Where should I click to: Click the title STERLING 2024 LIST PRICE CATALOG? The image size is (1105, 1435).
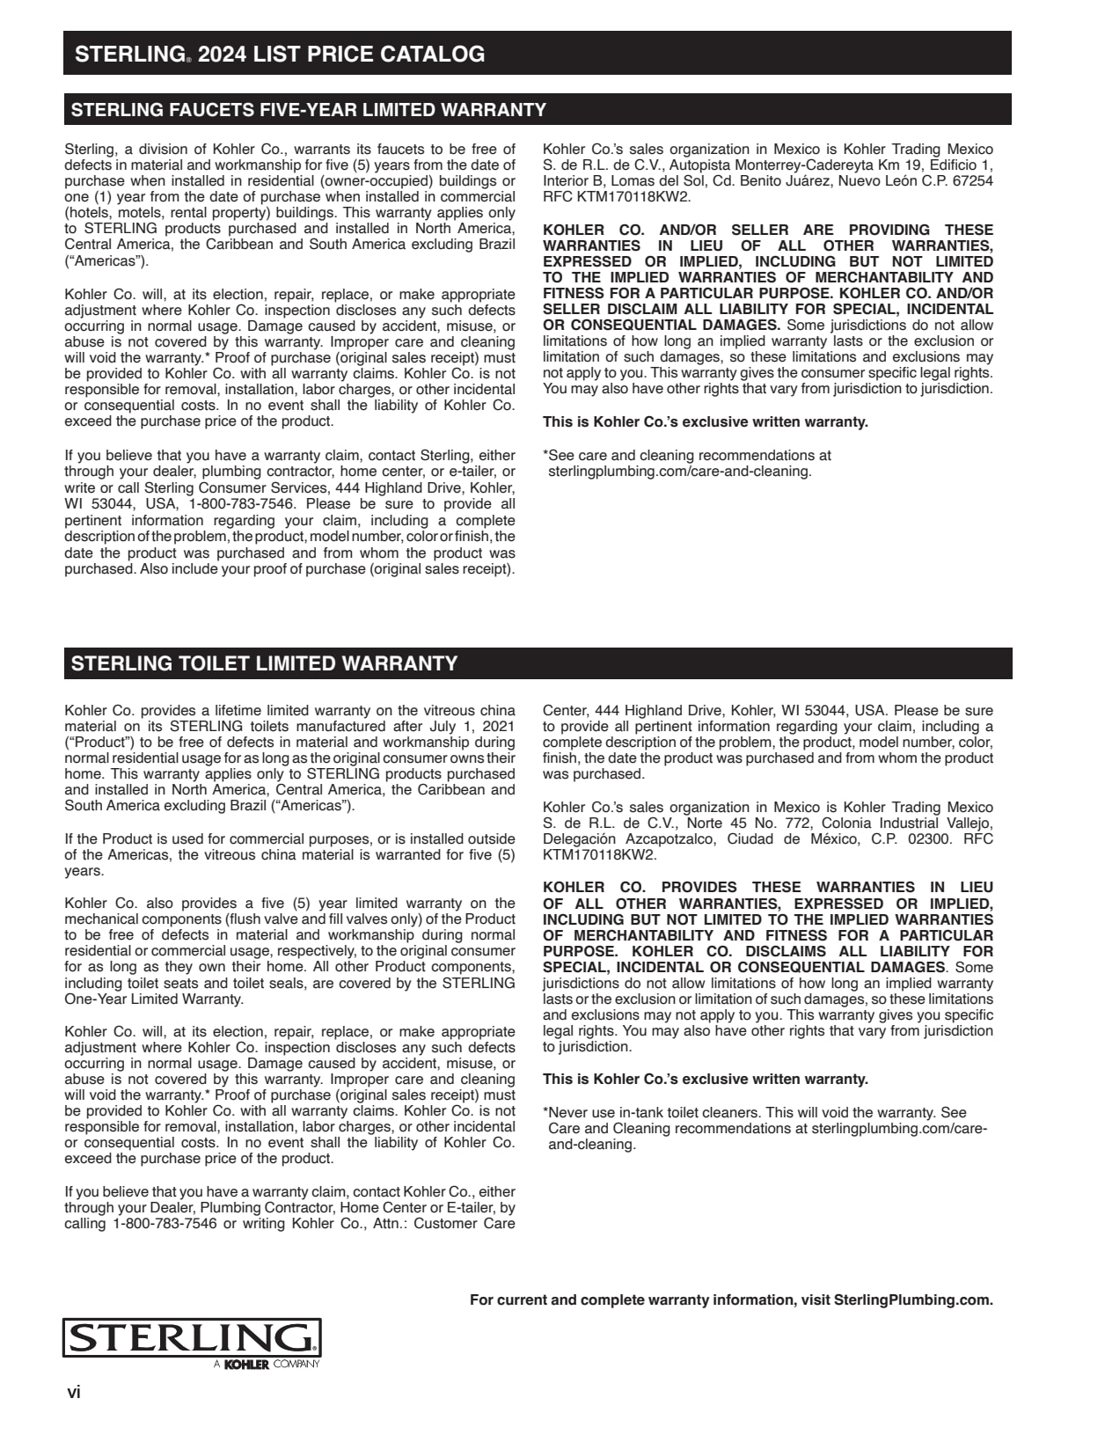[x=280, y=54]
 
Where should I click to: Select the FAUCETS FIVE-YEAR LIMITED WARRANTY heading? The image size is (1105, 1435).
[x=308, y=110]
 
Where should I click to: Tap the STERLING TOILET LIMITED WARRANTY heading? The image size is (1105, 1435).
[x=264, y=663]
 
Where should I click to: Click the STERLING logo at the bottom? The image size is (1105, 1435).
[x=191, y=1337]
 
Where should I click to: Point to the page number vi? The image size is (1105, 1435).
[x=74, y=1393]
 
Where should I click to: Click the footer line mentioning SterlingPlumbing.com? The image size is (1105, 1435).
[x=731, y=1300]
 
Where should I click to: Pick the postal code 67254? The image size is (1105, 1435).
[x=974, y=181]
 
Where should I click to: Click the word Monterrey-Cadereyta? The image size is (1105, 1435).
[x=750, y=165]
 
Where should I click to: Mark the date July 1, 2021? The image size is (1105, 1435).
[x=470, y=727]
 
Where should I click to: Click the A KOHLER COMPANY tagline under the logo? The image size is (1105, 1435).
[x=267, y=1365]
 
